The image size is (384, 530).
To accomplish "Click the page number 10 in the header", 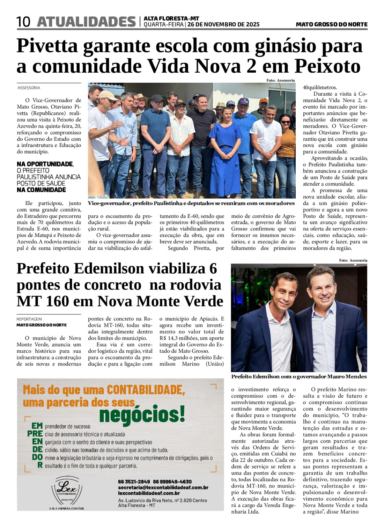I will [23, 22].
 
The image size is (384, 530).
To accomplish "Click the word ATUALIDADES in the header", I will [86, 22].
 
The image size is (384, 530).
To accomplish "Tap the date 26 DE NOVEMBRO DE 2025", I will [223, 24].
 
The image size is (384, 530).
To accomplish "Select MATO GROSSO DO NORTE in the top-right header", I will [331, 24].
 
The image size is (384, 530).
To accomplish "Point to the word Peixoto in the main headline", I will [327, 66].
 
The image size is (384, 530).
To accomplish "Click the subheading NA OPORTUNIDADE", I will [45, 164].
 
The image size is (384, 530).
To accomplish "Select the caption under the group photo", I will [191, 203].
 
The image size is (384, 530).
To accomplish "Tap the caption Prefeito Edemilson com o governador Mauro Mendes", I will [299, 376].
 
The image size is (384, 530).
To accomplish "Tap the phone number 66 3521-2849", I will [134, 481].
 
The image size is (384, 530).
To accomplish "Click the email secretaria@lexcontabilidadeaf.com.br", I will [163, 487].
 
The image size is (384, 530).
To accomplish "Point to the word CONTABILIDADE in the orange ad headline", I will [146, 390].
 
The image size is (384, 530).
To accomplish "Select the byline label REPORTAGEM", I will [29, 319].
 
